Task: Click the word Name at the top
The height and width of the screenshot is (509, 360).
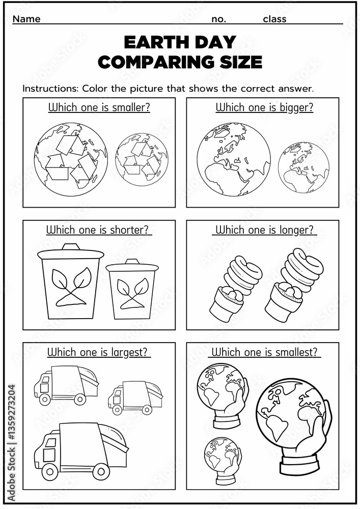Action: [x=26, y=19]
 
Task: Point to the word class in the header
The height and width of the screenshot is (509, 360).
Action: [x=274, y=19]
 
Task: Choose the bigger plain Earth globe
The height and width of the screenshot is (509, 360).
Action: [x=234, y=159]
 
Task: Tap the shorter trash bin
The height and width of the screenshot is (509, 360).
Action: [x=132, y=289]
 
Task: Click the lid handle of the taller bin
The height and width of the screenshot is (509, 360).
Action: [x=71, y=247]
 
